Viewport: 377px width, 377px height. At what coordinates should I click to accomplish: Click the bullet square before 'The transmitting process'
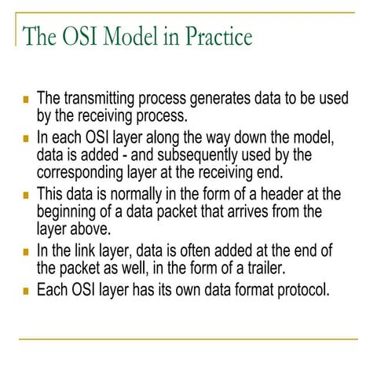pyautogui.click(x=26, y=101)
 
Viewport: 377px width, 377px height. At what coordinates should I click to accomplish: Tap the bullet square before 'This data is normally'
pyautogui.click(x=26, y=196)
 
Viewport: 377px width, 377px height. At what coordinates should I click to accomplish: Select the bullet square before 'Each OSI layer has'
pyautogui.click(x=26, y=291)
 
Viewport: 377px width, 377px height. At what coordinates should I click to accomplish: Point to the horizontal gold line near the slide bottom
pyautogui.click(x=188, y=339)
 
